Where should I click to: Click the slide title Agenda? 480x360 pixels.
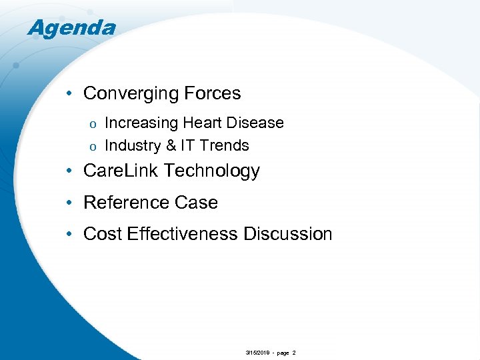pyautogui.click(x=71, y=28)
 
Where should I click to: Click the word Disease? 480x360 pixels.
pyautogui.click(x=256, y=123)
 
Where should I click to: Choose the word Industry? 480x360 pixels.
pyautogui.click(x=132, y=146)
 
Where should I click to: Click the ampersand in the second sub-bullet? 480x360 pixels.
pyautogui.click(x=171, y=146)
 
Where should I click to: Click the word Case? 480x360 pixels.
pyautogui.click(x=197, y=203)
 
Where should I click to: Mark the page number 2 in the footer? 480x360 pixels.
pyautogui.click(x=294, y=353)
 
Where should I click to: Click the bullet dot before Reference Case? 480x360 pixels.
pyautogui.click(x=71, y=203)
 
